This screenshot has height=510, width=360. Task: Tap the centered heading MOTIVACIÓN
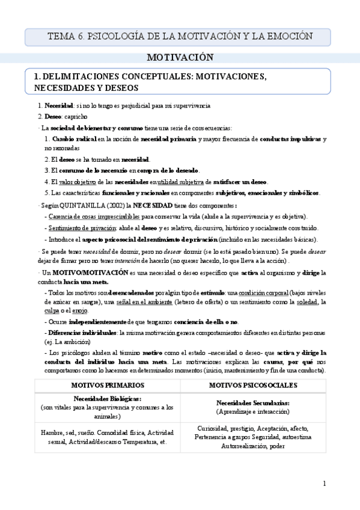click(x=180, y=58)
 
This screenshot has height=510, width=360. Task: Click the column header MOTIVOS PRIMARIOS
click(x=107, y=385)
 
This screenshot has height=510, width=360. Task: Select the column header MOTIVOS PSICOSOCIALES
click(x=252, y=385)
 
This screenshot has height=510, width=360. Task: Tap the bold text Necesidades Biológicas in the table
click(x=107, y=399)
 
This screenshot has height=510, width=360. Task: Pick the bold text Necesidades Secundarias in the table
click(x=252, y=402)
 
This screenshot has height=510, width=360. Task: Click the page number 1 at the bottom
click(x=324, y=484)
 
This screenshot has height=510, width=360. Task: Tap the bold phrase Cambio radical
click(x=75, y=139)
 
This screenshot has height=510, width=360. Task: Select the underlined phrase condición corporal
click(x=256, y=292)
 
